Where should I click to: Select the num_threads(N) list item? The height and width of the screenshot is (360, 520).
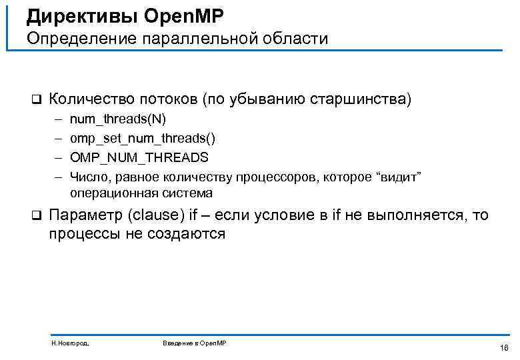tap(118, 119)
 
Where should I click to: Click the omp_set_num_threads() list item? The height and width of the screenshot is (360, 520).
tap(142, 139)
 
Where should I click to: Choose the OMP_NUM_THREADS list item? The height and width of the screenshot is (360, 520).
tap(139, 157)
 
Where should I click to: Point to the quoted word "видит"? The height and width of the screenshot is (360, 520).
tap(401, 177)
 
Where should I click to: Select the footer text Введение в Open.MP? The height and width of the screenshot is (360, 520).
tap(195, 343)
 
